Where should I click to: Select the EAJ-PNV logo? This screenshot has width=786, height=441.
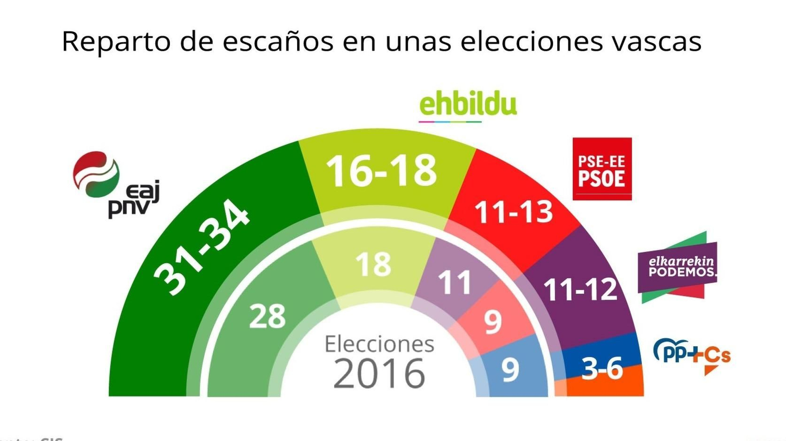coord(115,184)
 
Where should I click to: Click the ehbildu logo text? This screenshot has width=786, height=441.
coord(468,105)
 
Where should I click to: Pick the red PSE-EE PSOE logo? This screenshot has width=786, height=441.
coord(602,168)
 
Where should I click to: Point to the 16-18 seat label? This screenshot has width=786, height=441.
coord(381,171)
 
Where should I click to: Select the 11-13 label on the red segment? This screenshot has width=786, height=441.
coord(513,213)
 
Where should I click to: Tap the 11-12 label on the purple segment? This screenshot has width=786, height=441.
coord(580,289)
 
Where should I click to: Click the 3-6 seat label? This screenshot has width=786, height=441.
coord(602,369)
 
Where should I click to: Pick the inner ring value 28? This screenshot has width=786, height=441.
coord(267,316)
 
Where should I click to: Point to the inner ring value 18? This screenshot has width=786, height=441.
coord(373,265)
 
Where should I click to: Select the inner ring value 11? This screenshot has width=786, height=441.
coord(454,283)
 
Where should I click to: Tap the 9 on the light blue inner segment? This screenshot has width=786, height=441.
coord(510,370)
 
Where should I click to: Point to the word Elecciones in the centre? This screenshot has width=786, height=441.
coord(379,344)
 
